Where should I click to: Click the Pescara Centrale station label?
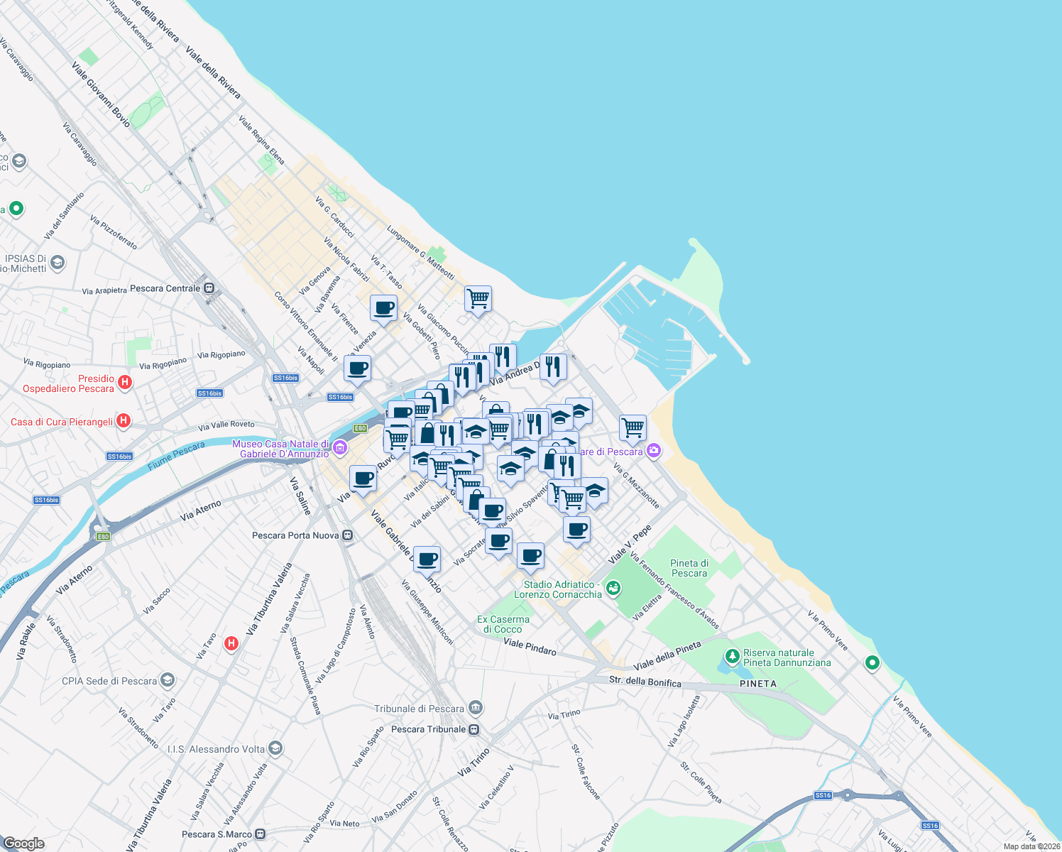(165, 288)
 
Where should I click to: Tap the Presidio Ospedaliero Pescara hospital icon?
(125, 383)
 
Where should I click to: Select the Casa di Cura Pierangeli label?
(62, 422)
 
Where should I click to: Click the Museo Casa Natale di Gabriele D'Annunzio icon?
(340, 448)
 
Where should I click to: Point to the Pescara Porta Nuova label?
(295, 535)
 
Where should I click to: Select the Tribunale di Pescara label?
(419, 709)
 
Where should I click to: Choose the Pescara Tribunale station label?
(428, 729)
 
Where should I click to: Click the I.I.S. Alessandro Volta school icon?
(275, 748)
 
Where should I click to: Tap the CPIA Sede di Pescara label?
(109, 681)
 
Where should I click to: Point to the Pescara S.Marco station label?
(217, 834)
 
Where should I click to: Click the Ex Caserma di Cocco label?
(503, 624)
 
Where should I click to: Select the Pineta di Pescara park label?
(689, 568)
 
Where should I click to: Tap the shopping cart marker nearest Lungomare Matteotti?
(478, 298)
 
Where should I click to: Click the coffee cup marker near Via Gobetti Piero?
(383, 308)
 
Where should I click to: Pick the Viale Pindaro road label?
(530, 647)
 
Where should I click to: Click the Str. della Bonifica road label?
(645, 682)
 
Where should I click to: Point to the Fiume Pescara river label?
(176, 456)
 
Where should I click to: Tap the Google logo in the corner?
(23, 843)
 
